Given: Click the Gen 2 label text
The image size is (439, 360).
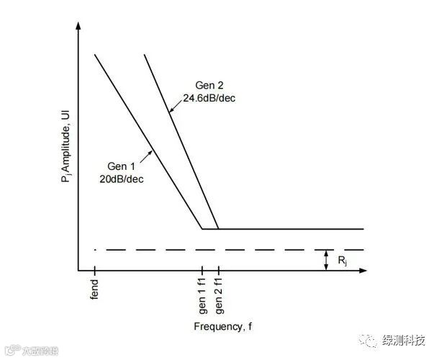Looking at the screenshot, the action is click(210, 84).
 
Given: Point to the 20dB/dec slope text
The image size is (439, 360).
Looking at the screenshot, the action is click(122, 179).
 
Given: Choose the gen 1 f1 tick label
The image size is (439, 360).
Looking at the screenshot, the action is click(203, 296).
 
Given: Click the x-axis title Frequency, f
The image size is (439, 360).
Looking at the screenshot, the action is click(223, 327).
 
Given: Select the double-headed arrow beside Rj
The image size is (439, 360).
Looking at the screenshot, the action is click(325, 260).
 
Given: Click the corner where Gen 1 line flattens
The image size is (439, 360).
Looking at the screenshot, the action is click(202, 229).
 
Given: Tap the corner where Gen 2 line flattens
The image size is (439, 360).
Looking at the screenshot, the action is click(218, 229).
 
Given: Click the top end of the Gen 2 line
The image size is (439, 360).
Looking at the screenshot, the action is click(146, 55).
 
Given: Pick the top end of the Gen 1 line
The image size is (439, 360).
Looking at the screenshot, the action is click(95, 55).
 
